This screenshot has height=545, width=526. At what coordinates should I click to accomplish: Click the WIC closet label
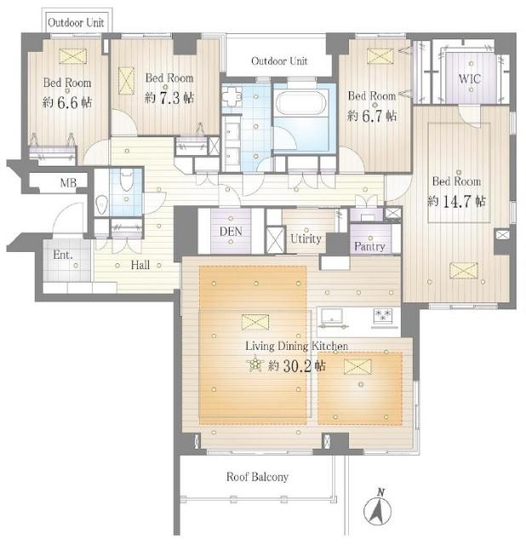pos(469,78)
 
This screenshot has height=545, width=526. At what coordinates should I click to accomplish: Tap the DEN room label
pos(231,232)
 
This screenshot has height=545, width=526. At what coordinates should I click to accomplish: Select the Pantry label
pos(369,246)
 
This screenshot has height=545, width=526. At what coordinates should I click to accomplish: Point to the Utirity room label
pos(306,238)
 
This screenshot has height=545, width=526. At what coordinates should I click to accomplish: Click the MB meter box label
pos(68,183)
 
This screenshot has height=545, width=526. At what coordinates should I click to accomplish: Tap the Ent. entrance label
pos(63,255)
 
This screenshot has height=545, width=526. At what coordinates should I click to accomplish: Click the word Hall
pos(140,265)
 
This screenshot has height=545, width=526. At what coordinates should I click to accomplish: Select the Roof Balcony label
pos(257,477)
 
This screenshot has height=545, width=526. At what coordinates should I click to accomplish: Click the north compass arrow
pos(378,508)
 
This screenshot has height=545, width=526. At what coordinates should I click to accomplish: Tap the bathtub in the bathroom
pos(301,102)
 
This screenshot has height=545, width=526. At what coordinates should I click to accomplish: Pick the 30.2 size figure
pos(297,366)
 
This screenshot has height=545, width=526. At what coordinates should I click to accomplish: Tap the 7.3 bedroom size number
pos(169,98)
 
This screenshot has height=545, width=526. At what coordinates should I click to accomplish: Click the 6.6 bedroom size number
pos(67,102)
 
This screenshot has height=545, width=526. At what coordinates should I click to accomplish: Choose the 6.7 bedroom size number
pos(372,116)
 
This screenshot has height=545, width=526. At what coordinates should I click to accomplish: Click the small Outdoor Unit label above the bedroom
pos(76,23)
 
